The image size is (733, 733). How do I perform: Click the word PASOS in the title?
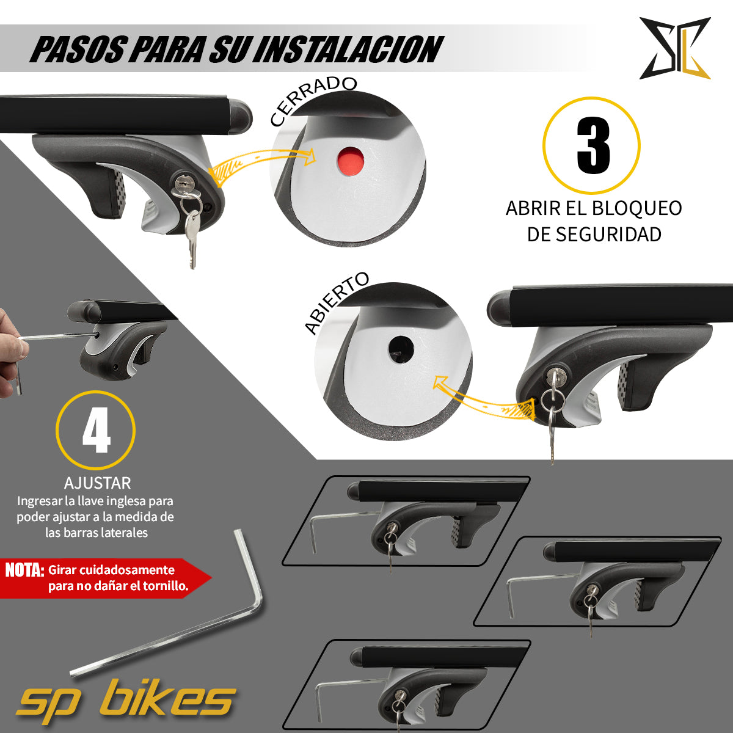(78, 49)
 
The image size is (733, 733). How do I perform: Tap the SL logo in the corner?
(674, 48)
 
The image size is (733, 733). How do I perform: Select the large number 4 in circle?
(96, 431)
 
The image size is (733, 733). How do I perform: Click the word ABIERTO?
(337, 303)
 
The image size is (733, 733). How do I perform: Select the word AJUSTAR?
(98, 483)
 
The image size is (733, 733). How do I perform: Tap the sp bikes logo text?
(126, 699)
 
